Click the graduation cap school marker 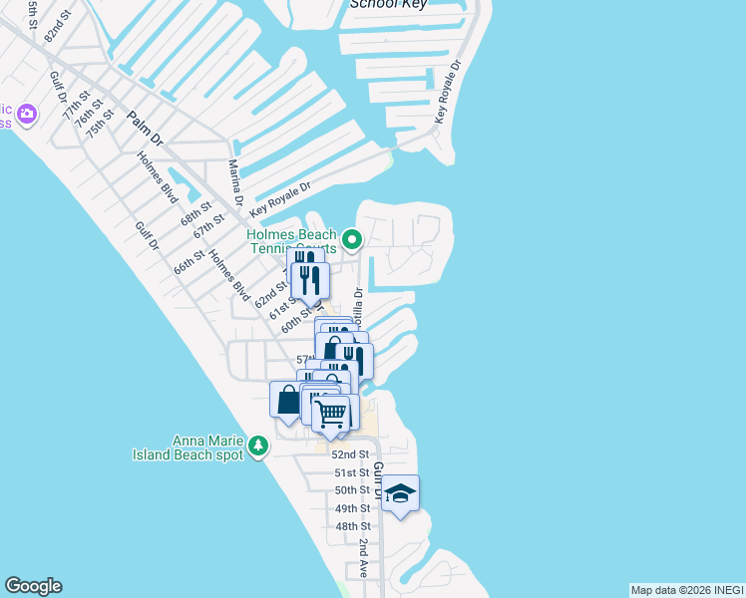tap(400, 493)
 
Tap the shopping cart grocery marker tap(330, 413)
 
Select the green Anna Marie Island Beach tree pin tap(258, 445)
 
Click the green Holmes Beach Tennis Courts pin tap(351, 240)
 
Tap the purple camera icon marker tap(26, 114)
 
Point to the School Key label tap(388, 4)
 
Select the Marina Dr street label tap(236, 182)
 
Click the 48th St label tap(353, 526)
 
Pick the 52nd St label tap(351, 453)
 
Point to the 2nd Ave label tap(365, 558)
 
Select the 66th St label tap(188, 262)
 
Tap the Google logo tap(33, 586)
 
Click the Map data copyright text tap(687, 590)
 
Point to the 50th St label tap(352, 490)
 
